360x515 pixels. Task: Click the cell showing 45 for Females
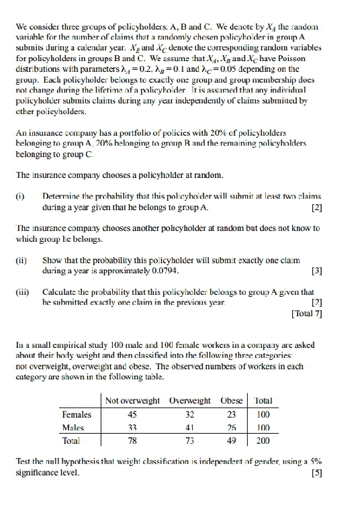(131, 414)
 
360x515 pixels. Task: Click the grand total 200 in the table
(262, 441)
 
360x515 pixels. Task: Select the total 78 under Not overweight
(131, 441)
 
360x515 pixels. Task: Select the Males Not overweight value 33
(131, 428)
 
